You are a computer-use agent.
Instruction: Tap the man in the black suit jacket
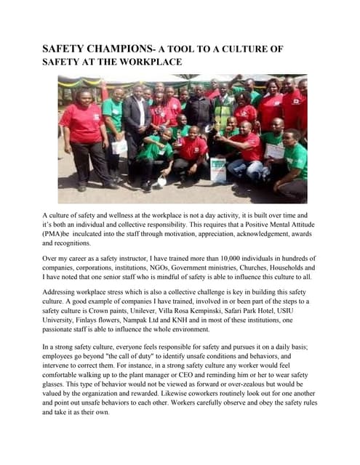[137, 120]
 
